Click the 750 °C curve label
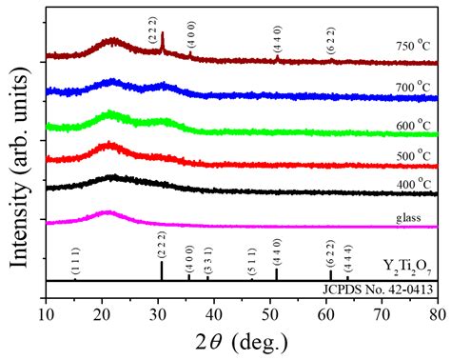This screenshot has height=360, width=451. tap(413, 46)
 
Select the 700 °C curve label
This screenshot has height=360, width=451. tap(413, 87)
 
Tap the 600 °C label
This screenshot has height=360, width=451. tap(413, 125)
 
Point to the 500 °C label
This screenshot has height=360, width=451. tap(413, 155)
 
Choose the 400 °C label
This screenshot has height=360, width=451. tap(413, 184)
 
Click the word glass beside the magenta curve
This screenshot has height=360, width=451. tap(408, 218)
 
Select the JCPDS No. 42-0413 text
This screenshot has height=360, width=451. tap(378, 290)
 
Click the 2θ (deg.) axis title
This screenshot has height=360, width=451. tap(242, 343)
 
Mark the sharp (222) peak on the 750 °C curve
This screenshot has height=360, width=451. tap(163, 41)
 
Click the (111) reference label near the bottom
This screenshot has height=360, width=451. tap(75, 261)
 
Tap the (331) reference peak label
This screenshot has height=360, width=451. tap(207, 260)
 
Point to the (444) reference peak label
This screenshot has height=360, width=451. tap(348, 258)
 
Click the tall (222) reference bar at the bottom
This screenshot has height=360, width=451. tap(162, 270)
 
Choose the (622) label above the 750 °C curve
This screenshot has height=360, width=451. tap(331, 41)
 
